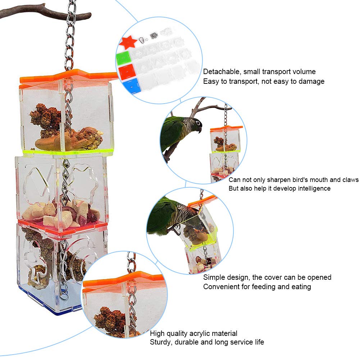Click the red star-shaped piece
pos(129,42)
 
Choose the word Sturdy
pos(161,342)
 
